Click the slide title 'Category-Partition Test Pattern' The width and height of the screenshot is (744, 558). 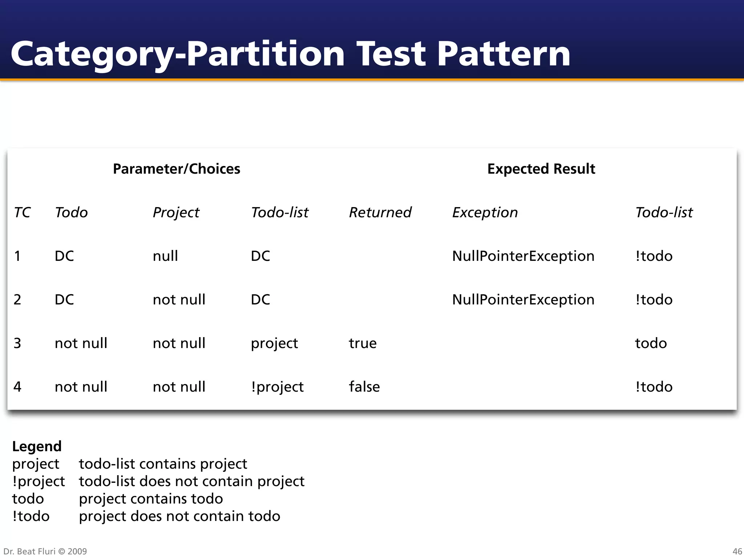coord(291,54)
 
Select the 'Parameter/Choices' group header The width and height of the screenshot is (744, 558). coord(177,169)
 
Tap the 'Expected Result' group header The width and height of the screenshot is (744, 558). coord(541,169)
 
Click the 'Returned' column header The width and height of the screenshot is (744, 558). coord(380,213)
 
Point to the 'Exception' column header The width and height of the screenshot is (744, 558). coord(485,213)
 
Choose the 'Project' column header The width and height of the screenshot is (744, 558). coord(176,213)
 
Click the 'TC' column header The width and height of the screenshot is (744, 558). coord(22,213)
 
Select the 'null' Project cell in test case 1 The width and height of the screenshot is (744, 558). coord(165,256)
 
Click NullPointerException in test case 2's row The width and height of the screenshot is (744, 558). coord(523,300)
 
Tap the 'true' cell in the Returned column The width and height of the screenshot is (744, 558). coord(363,343)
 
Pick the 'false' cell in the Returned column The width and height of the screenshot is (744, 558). coord(364,387)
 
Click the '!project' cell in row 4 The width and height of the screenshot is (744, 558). coord(277,387)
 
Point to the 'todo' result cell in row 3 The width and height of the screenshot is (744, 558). coord(651,343)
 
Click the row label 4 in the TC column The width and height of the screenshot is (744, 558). coord(17,387)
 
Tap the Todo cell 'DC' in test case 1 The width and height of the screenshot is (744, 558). coord(64,256)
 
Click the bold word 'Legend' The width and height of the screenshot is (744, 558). coord(37,446)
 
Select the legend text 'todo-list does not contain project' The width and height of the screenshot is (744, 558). coord(191,481)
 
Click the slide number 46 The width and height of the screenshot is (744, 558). coord(737,551)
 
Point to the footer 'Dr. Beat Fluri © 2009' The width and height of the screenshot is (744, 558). coord(45,551)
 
